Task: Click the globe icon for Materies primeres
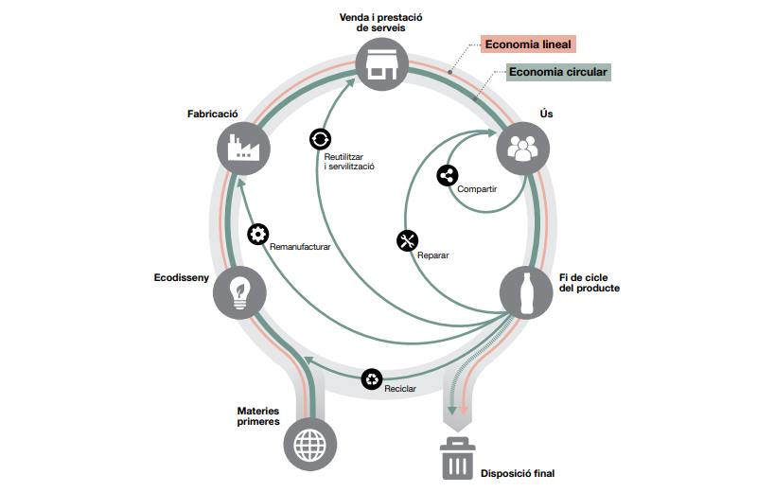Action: [311, 443]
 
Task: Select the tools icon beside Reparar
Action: [408, 240]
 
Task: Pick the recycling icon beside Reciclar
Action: [373, 378]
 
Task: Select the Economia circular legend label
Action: [558, 72]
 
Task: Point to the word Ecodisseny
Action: [181, 278]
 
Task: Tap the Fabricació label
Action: [214, 114]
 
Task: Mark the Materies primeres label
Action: [258, 416]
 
